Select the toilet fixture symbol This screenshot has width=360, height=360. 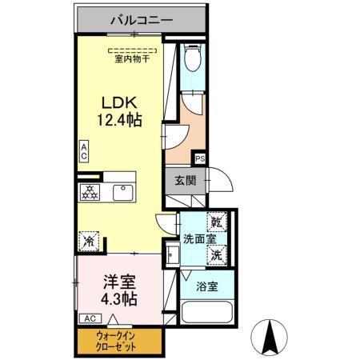(192, 58)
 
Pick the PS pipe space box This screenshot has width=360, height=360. (199, 159)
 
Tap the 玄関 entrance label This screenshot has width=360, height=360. (186, 180)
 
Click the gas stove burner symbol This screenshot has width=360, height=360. (90, 193)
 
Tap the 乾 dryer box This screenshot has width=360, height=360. (217, 221)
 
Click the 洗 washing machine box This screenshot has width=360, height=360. (217, 256)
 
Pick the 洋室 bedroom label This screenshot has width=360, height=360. (118, 282)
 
